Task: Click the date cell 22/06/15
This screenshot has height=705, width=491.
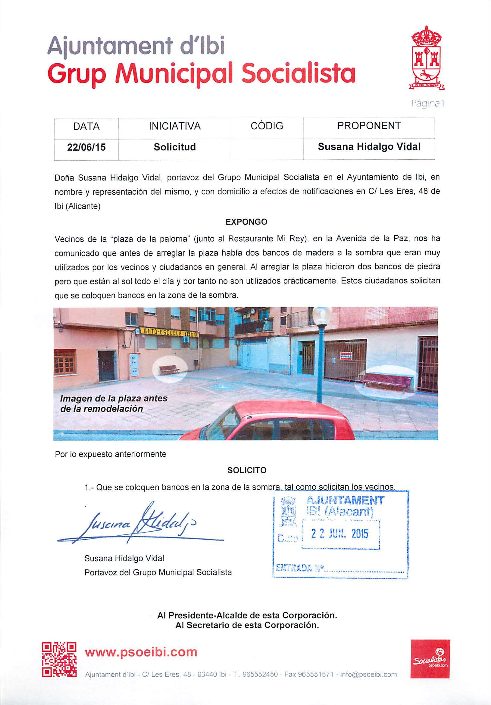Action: pos(86,147)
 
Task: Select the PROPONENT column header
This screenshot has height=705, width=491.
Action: pos(369,126)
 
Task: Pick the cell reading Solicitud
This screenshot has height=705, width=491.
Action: pos(174,147)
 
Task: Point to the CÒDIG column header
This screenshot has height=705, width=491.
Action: pos(267,126)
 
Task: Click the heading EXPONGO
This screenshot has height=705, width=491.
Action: pos(246,222)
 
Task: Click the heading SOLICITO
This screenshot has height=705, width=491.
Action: pos(247,470)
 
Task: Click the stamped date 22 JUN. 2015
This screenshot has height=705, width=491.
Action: pos(339,534)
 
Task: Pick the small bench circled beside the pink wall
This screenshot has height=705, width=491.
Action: pos(169,369)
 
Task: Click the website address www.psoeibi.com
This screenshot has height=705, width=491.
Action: pos(141,652)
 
